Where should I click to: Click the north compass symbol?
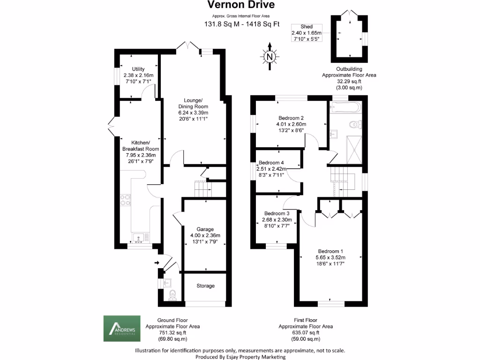click(270, 57)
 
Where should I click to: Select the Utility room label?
click(138, 69)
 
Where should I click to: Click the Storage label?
click(205, 285)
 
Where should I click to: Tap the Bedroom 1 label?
click(331, 250)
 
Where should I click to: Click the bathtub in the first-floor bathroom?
click(345, 108)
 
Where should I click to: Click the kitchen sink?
click(139, 238)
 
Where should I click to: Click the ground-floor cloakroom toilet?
click(172, 294)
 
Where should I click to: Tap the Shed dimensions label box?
click(307, 33)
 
